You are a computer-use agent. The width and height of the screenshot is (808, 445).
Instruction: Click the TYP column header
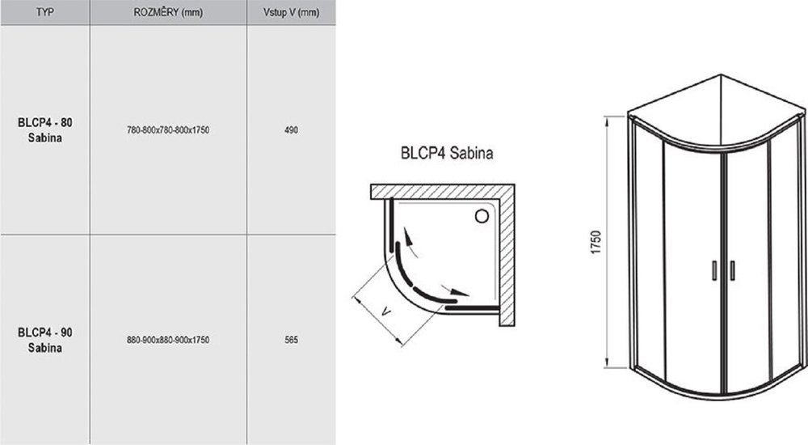pos(44,12)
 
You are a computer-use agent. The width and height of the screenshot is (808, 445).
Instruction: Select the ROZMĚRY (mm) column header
pos(168,12)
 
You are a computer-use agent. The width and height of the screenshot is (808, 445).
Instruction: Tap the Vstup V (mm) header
pos(291,12)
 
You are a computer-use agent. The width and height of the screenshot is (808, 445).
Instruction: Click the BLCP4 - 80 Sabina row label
pos(44,130)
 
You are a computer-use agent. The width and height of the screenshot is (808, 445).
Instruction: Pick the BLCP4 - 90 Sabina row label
pos(44,340)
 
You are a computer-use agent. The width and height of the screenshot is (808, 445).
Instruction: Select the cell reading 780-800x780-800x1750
pos(168,130)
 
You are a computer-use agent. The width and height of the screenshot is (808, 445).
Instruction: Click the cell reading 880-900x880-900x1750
pos(168,340)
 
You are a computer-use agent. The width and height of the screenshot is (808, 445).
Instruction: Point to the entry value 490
pos(291,130)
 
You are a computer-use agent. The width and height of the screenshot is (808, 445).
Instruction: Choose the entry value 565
pos(291,340)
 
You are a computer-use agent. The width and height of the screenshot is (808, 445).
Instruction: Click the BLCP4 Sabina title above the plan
pos(447,153)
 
